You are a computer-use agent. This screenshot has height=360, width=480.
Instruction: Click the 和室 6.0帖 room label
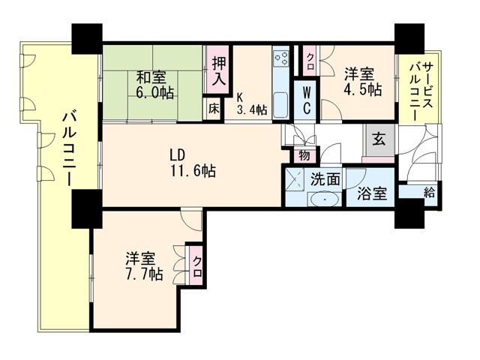[x=154, y=85]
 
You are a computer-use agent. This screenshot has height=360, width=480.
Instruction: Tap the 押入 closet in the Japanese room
[x=219, y=72]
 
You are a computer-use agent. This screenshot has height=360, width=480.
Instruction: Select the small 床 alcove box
[x=214, y=109]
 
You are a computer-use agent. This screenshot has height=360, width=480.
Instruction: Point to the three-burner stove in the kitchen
[x=280, y=58]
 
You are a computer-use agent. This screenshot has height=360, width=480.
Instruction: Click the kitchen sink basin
[x=280, y=104]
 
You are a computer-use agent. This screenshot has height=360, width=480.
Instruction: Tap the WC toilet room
[x=307, y=100]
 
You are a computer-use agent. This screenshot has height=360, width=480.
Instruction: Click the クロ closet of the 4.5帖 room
[x=310, y=61]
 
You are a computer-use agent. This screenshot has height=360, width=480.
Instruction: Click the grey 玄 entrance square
[x=379, y=140]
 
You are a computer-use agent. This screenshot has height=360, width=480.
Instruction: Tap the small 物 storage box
[x=304, y=155]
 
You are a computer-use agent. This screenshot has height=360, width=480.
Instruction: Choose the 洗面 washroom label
[x=325, y=179]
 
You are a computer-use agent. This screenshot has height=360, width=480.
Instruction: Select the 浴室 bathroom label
[x=372, y=193]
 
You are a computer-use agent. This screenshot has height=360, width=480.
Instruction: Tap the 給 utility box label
[x=429, y=193]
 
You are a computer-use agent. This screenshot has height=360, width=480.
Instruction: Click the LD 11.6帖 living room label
[x=193, y=163]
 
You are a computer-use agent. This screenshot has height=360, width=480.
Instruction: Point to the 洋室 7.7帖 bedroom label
[x=143, y=266]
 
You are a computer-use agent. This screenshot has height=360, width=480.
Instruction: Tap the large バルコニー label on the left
[x=70, y=148]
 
